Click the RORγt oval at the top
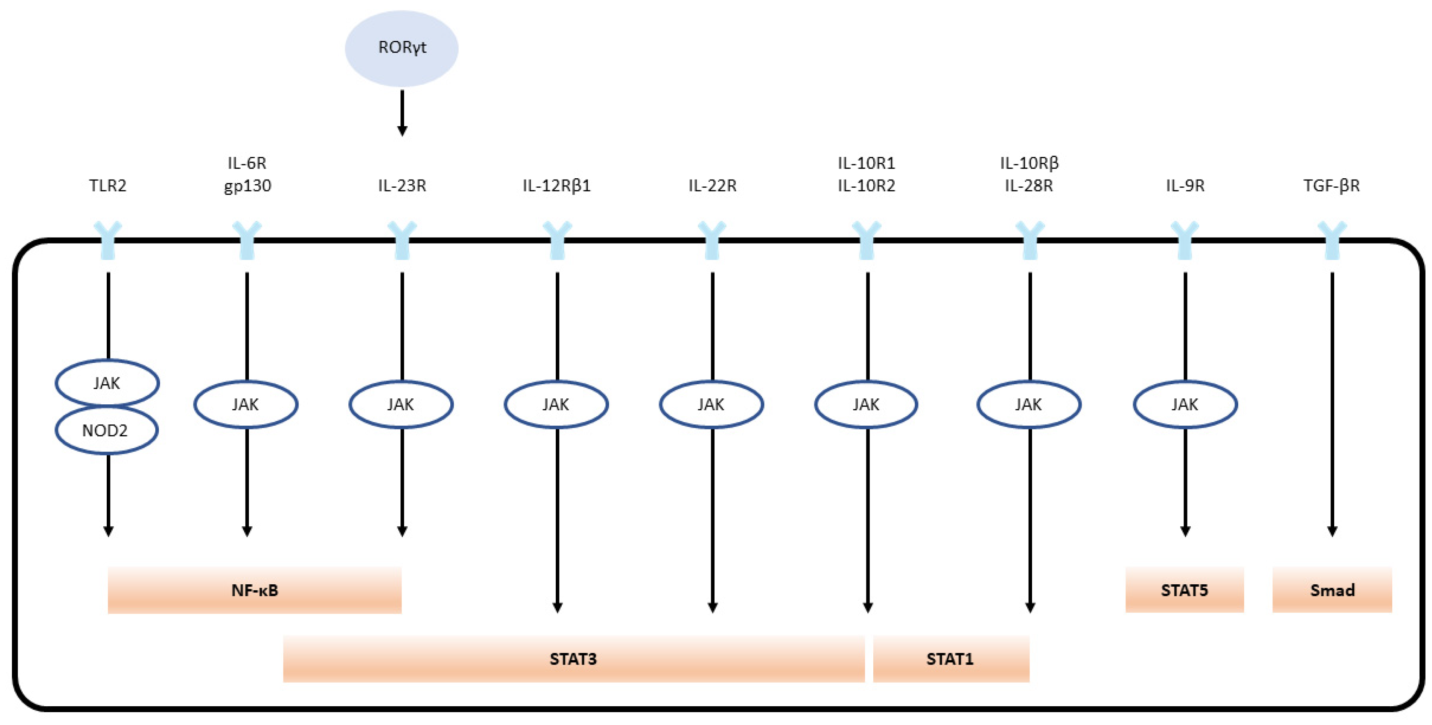pos(401,48)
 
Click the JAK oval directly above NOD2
pos(107,383)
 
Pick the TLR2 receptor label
pos(108,185)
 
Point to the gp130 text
pos(248,186)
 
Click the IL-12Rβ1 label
pos(557,185)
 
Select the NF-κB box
pos(255,590)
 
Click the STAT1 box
pos(951,659)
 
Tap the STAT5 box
pos(1184,590)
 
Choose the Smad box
pos(1332,590)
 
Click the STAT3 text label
pos(573,659)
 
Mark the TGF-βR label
pos(1331,185)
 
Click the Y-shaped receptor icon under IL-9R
pos(1184,240)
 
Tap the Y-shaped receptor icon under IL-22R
pos(712,240)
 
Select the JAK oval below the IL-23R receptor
pos(401,404)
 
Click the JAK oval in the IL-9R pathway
pos(1184,404)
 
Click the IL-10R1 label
pos(866,163)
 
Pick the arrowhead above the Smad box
pos(1332,531)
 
